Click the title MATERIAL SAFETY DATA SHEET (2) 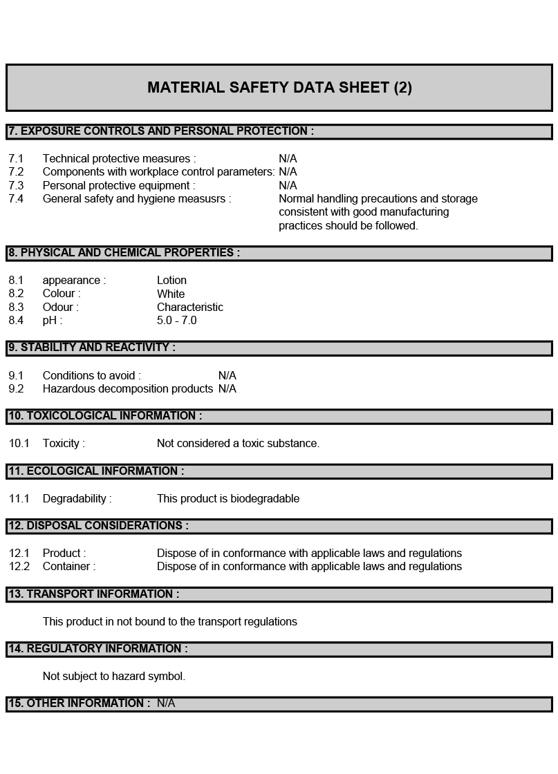pos(279,88)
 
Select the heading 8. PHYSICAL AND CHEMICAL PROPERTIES pos(124,253)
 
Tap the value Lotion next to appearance pos(171,281)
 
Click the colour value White pos(171,294)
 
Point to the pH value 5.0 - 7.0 pos(176,321)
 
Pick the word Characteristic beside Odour pos(189,308)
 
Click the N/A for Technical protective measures pos(288,159)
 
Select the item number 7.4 pos(16,199)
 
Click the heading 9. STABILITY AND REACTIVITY pos(91,348)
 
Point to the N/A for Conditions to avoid pos(227,376)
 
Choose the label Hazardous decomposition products pos(127,389)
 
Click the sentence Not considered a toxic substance pos(238,444)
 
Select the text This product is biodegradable pos(227,499)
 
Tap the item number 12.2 pos(19,567)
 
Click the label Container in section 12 pos(68,567)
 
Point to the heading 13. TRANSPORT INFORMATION pos(93,594)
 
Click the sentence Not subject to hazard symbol pos(113,677)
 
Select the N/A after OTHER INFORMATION pos(166,704)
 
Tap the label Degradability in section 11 pos(77,499)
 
